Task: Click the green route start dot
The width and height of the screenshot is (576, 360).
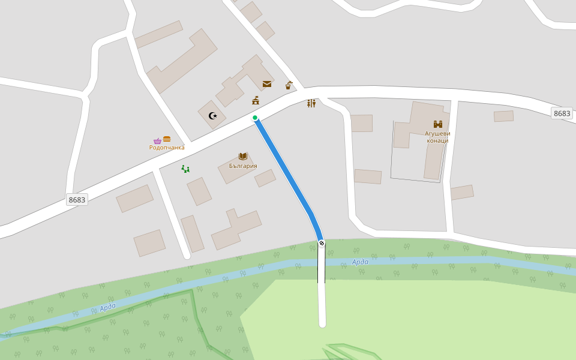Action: pos(255,118)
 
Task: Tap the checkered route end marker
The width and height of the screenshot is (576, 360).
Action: pos(322,243)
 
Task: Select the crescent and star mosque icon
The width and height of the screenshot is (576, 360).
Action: pos(212,116)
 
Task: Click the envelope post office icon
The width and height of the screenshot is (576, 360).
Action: pos(266,84)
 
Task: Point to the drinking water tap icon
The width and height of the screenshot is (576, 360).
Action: pos(289,85)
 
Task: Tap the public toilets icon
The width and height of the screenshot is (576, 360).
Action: pos(311,103)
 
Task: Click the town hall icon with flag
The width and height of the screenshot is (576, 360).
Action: pos(256,100)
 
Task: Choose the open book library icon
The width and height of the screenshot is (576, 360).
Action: pos(243,156)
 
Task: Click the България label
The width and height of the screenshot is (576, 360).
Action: pos(243,166)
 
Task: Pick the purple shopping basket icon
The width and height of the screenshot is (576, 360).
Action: pos(157,140)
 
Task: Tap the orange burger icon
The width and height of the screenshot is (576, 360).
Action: pos(167,139)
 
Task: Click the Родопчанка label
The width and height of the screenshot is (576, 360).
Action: pos(167,148)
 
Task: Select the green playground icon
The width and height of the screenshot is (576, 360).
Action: pos(185,169)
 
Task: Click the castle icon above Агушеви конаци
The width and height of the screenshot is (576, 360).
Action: pos(437,124)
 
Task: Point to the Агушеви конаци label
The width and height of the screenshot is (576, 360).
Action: pos(437,137)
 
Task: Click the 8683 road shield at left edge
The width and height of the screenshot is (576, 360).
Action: pos(77,200)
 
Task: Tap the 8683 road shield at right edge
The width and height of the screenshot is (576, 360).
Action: pos(562,113)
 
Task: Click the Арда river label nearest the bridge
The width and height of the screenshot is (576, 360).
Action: pos(360,262)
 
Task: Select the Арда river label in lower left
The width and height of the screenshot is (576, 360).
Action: pos(108,307)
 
